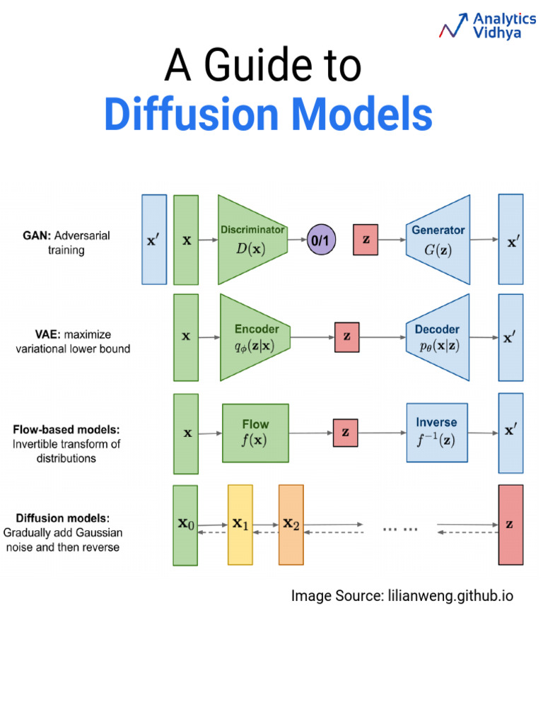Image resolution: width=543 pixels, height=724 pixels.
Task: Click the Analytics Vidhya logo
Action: tap(486, 26)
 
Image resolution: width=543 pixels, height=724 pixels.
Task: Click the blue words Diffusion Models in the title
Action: tap(268, 115)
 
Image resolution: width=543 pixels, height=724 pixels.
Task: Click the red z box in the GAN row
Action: tap(366, 240)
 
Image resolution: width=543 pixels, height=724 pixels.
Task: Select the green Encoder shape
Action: tap(254, 337)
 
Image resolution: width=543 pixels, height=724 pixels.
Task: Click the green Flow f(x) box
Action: tap(255, 433)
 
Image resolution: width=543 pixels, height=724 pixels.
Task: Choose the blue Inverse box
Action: tap(436, 433)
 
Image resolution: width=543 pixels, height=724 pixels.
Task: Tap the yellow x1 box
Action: tap(240, 525)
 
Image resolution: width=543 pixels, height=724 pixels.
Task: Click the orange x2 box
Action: tap(291, 525)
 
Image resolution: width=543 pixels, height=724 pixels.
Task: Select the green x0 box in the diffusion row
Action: tap(186, 525)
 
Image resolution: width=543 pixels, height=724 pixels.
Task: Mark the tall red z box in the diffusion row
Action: tap(510, 525)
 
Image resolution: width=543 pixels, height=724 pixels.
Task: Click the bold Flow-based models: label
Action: tap(66, 430)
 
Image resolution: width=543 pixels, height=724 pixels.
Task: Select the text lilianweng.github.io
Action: tap(450, 596)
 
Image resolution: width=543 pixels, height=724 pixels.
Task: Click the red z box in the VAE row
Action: tap(346, 337)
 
